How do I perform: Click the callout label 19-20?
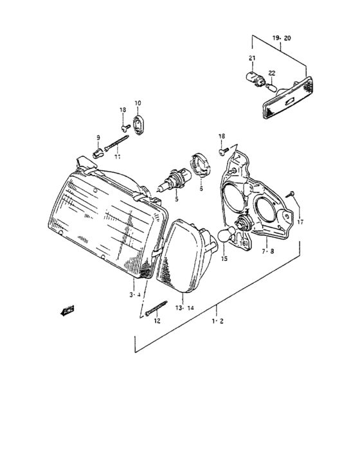[x=281, y=39]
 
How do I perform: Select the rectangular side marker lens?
[x=287, y=97]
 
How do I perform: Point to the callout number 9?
[x=98, y=138]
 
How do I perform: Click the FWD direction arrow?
[x=65, y=312]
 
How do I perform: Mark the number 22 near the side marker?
[x=272, y=73]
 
